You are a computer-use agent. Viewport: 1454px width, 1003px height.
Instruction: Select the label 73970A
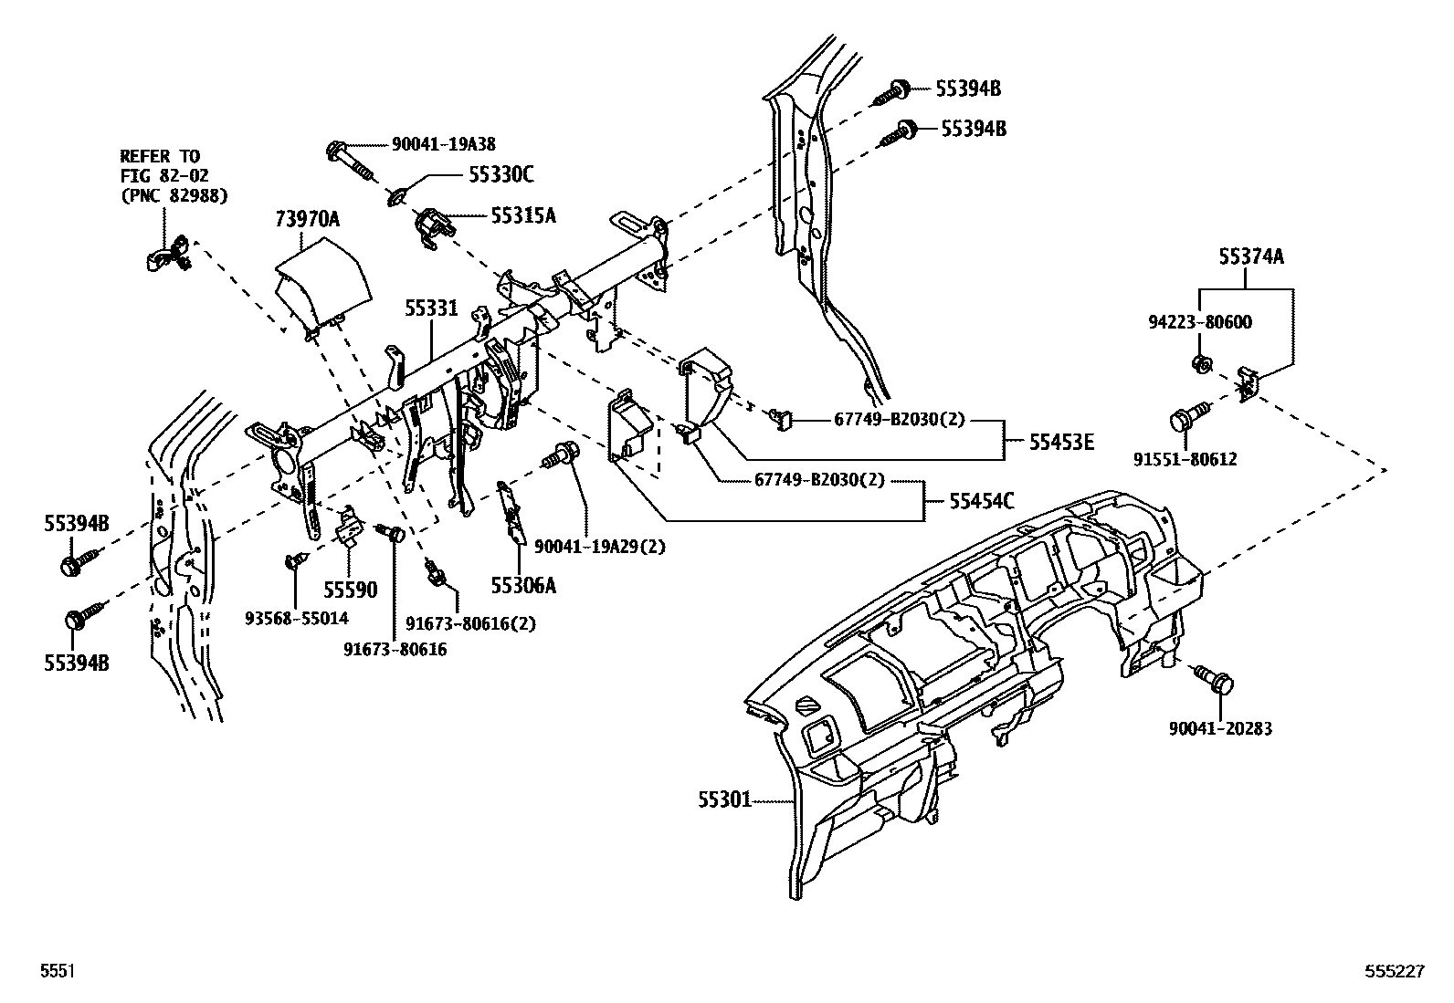(x=307, y=219)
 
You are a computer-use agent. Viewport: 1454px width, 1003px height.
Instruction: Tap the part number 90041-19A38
(x=444, y=144)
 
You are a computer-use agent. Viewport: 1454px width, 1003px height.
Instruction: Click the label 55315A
(x=522, y=216)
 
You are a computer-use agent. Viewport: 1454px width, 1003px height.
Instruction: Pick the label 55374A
(x=1250, y=257)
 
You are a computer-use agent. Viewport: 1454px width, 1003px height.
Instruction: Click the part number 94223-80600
(x=1200, y=322)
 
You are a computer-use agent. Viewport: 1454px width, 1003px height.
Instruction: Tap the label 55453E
(x=1061, y=443)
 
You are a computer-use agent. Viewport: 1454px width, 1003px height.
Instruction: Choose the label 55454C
(x=981, y=500)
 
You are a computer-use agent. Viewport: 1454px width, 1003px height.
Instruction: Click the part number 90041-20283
(x=1220, y=728)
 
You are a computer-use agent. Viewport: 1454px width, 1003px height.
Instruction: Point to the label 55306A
(x=523, y=585)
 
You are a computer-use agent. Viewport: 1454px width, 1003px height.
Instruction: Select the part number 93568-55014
(x=296, y=618)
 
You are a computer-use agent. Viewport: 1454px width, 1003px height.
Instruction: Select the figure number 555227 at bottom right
(x=1395, y=973)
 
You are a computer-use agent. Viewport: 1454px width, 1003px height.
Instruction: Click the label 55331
(x=431, y=310)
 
